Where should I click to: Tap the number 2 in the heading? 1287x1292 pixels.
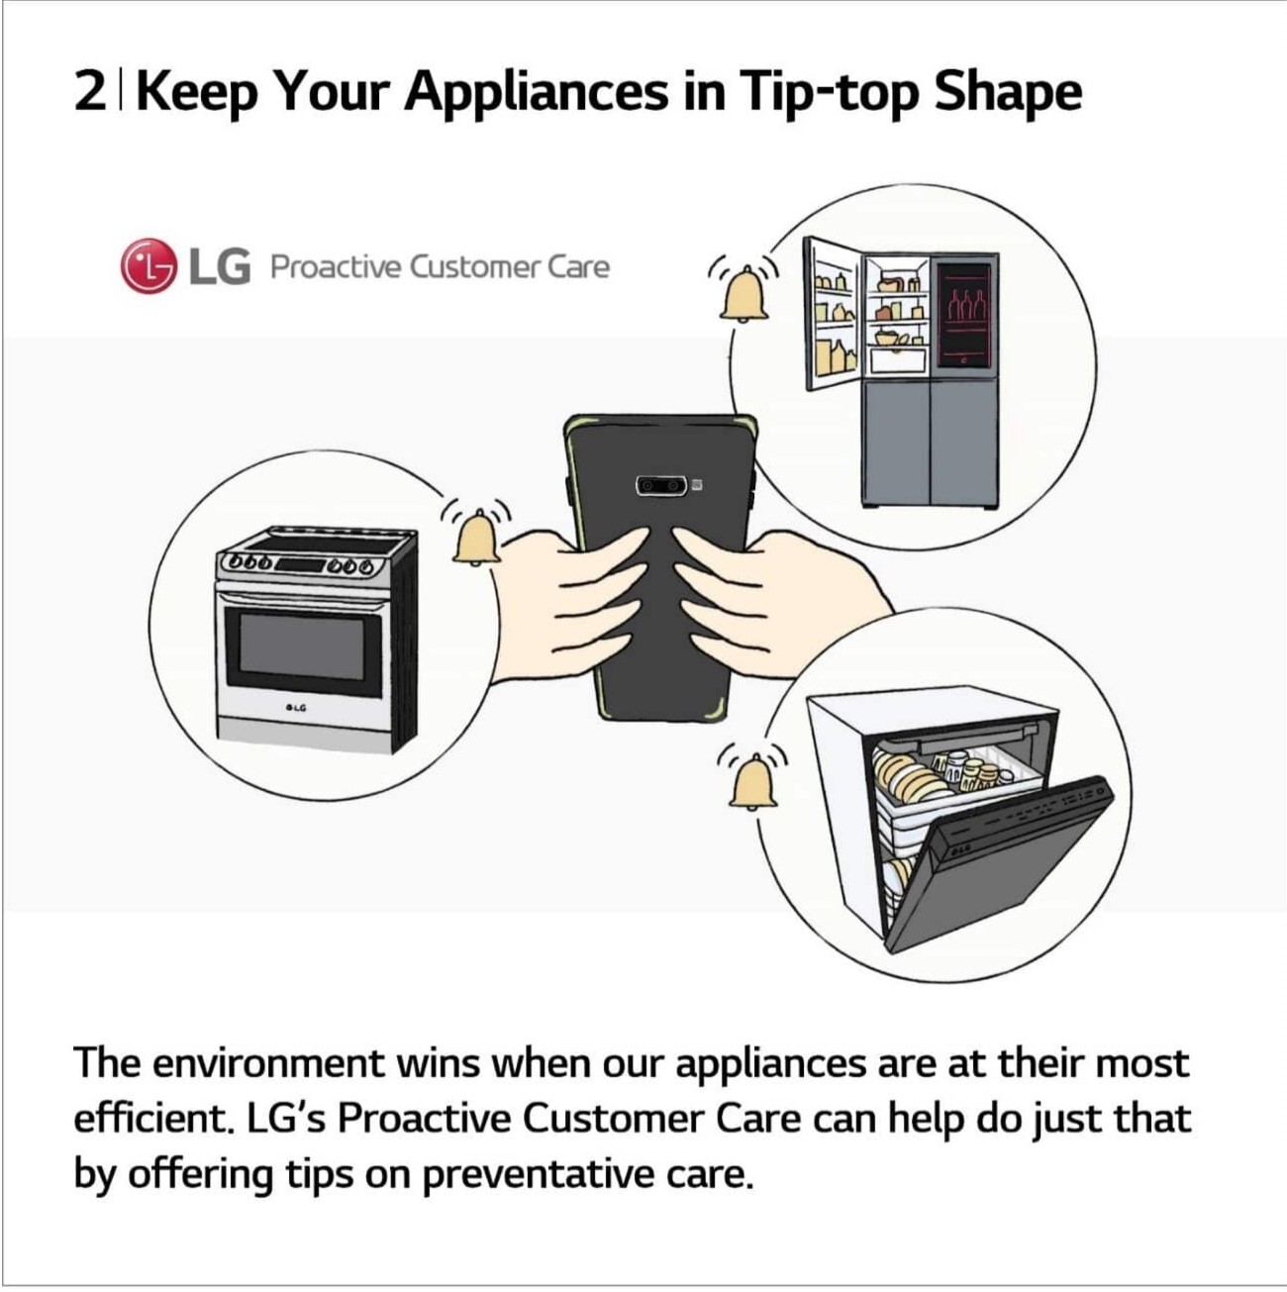point(88,93)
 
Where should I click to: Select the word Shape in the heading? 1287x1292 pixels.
point(1008,93)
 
